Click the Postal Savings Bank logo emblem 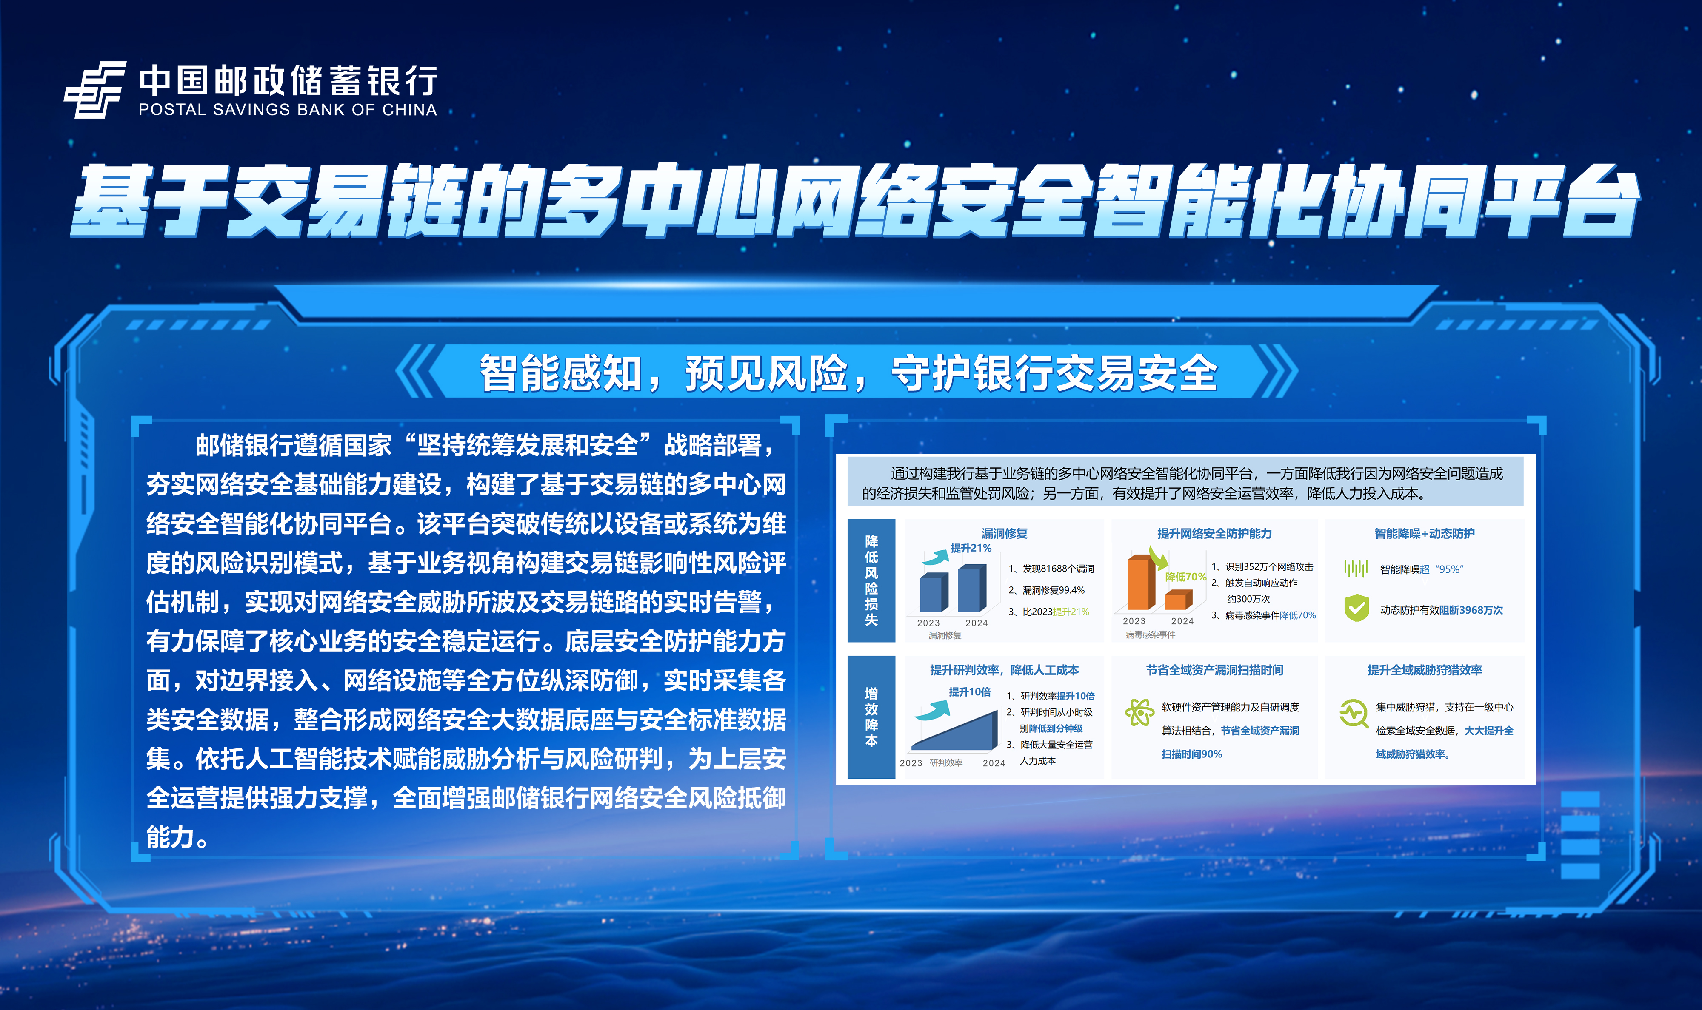pyautogui.click(x=95, y=89)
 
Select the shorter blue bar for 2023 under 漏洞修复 pyautogui.click(x=934, y=594)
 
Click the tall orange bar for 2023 pyautogui.click(x=1141, y=583)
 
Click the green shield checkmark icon pyautogui.click(x=1356, y=608)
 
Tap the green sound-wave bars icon pyautogui.click(x=1356, y=568)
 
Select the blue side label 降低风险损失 pyautogui.click(x=871, y=580)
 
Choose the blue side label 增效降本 pyautogui.click(x=871, y=717)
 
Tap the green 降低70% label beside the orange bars pyautogui.click(x=1185, y=577)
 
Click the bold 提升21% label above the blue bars pyautogui.click(x=971, y=548)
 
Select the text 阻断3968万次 pyautogui.click(x=1471, y=610)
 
